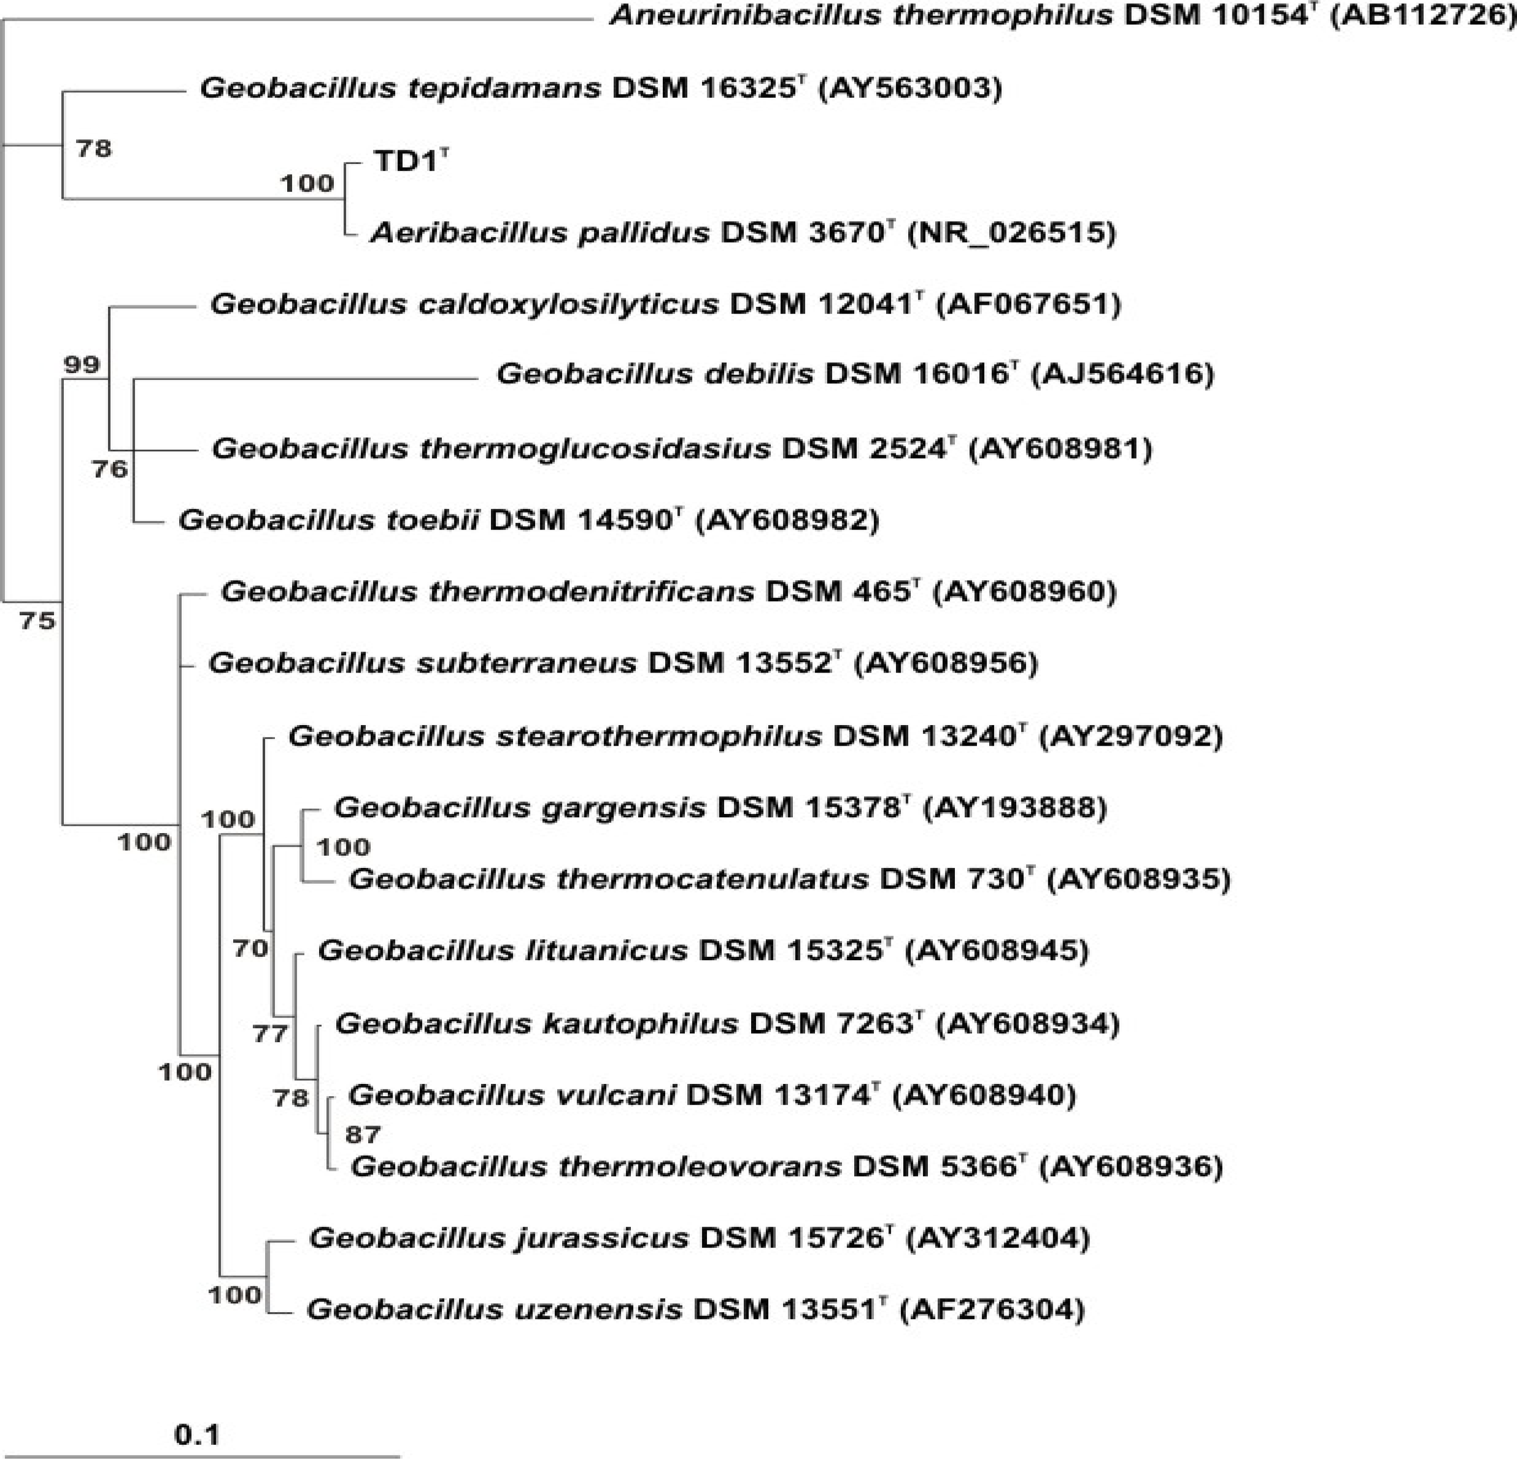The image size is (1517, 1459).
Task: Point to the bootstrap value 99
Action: (81, 365)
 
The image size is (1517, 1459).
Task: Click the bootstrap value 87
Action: (363, 1135)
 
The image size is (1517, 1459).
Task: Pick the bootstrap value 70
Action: (250, 948)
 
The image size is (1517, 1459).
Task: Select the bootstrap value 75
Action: (38, 620)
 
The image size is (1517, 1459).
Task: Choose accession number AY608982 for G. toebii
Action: (788, 519)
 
